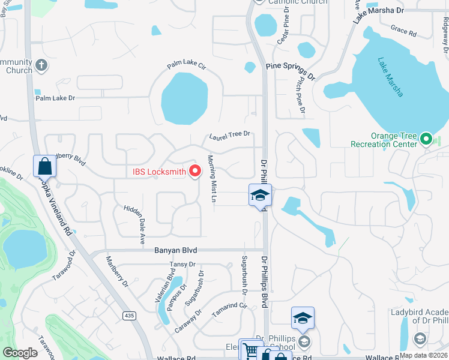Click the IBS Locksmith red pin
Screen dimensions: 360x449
[194, 171]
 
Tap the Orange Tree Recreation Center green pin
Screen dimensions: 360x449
[426, 140]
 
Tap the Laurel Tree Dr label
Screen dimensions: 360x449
[229, 135]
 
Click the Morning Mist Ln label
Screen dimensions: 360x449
[211, 179]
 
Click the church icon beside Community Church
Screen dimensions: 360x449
[41, 64]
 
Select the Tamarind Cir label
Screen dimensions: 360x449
[229, 310]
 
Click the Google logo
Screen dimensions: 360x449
[20, 353]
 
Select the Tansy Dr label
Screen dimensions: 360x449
[184, 264]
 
